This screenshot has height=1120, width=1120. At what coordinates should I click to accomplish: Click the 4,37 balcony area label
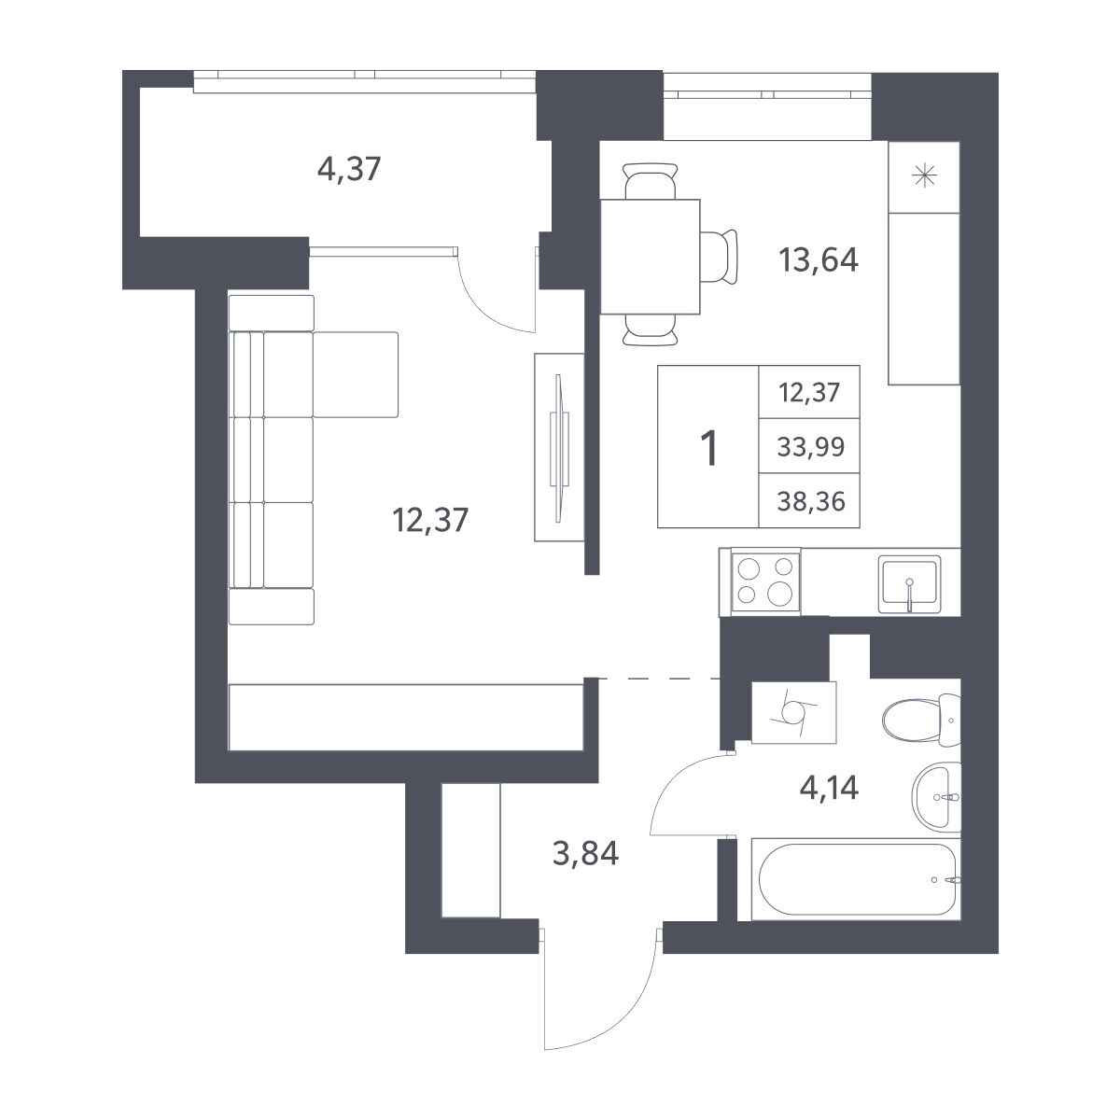[x=349, y=170]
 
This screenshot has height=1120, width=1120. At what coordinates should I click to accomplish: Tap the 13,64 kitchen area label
[x=819, y=259]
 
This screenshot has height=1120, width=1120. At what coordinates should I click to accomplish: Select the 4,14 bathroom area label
[x=829, y=789]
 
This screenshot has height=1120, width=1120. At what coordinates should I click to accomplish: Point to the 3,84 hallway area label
[x=585, y=854]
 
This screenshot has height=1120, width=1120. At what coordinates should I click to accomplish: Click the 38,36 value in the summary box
[x=810, y=501]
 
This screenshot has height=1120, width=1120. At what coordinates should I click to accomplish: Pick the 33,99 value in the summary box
[x=810, y=447]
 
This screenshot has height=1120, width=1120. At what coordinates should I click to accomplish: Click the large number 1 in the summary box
[x=709, y=448]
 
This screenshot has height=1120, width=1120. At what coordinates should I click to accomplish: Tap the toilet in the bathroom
[x=921, y=721]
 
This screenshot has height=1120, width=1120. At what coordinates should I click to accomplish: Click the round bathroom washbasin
[x=936, y=797]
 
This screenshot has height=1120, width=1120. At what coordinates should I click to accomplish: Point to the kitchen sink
[x=910, y=584]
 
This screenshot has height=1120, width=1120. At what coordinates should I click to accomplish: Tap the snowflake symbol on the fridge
[x=924, y=176]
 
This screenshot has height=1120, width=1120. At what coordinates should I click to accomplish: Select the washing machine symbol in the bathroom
[x=794, y=712]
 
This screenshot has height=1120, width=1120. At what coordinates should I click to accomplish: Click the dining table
[x=651, y=257]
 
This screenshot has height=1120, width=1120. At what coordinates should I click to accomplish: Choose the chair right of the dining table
[x=719, y=257]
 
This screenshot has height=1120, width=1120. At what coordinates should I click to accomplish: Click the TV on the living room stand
[x=560, y=448]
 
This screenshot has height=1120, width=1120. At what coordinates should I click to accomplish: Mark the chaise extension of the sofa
[x=356, y=375]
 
